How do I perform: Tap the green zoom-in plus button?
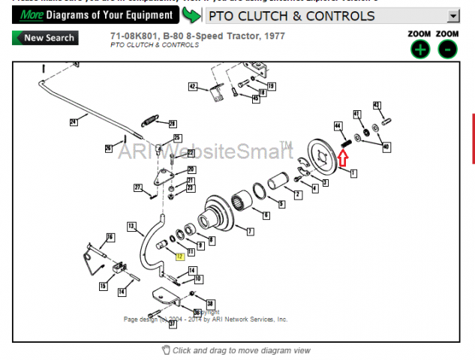coord(420,49)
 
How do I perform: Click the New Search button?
coord(45,38)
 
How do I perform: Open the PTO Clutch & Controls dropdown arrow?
coord(452,16)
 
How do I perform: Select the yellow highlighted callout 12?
coord(179,256)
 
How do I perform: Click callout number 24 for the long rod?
coord(74,121)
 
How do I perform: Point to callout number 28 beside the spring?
coord(173,123)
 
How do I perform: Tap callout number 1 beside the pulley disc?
coord(353,172)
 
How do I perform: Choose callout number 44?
coord(338,125)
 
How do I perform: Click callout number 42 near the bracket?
coord(192,87)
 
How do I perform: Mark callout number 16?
coord(110,237)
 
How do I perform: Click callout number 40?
coord(386,146)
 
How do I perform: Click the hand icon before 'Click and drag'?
coord(166,350)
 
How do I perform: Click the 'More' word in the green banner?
coord(31,15)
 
